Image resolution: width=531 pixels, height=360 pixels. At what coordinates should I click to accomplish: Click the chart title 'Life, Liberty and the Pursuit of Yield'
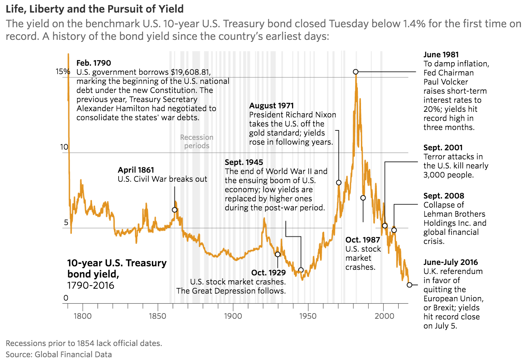point(94,9)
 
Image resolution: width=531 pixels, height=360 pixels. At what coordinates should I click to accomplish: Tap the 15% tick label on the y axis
point(63,72)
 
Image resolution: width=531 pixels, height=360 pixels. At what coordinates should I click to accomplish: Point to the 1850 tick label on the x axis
point(157,316)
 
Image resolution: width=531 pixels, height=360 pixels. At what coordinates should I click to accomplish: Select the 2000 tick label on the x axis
point(384,316)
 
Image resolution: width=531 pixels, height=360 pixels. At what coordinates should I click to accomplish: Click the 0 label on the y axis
point(66,298)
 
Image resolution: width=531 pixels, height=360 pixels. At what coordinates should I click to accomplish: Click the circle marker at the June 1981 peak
point(355,72)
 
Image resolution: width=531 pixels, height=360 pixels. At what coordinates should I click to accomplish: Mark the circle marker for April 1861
point(175,210)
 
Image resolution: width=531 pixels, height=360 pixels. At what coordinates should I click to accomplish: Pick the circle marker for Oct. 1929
point(277,254)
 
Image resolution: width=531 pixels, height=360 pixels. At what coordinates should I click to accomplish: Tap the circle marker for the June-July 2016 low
point(409,285)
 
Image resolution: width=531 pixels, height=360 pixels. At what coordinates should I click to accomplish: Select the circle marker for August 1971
point(339,182)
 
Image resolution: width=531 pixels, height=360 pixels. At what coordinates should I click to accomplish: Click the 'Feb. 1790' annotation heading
point(93,63)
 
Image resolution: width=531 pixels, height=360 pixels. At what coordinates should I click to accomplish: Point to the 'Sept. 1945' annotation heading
point(244,162)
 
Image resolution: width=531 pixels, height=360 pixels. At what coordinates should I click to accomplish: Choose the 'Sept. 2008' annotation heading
point(444,196)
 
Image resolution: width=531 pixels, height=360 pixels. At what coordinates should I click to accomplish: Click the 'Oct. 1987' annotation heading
point(362,240)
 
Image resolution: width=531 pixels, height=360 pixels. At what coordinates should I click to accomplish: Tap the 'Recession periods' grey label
point(197,142)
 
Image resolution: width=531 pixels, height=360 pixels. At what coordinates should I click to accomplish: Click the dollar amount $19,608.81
point(190,72)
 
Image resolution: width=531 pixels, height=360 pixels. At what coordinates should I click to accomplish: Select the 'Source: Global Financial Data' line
point(59,354)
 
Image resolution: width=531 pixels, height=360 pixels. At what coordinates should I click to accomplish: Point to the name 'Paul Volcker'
point(445,82)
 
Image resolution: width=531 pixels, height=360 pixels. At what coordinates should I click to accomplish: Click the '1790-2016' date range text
point(91,286)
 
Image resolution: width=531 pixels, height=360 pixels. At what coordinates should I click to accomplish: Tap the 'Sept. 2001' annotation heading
point(443,147)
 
